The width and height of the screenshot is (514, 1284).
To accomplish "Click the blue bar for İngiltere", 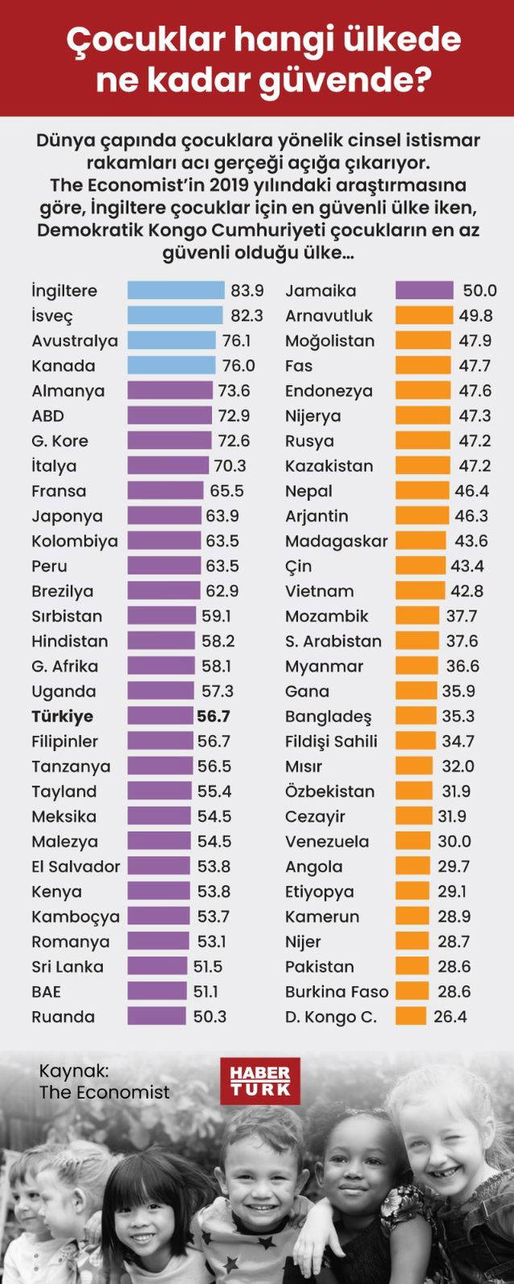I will pos(176,291).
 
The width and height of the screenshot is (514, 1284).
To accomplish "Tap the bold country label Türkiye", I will pos(62,716).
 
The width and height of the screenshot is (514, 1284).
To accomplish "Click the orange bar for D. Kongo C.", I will pos(411,1017).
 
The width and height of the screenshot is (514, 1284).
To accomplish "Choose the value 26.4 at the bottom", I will pos(450,1017).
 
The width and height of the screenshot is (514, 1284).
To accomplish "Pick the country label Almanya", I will pos(68,391).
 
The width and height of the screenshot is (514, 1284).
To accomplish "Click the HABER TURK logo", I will pos(259,1080).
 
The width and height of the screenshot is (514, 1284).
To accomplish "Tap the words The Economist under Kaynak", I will pos(104,1092).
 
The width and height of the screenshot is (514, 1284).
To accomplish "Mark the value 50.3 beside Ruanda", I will pos(209,1017).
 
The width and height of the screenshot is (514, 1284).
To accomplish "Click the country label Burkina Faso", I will pos(336,992).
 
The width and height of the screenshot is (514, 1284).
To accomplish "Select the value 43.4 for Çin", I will pos(467,566).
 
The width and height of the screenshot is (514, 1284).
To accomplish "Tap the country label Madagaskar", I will pos(336,541).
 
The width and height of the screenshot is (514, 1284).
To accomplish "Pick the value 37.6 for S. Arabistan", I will pos(461,642).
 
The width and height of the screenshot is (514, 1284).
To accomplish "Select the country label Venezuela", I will pos(327,841).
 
